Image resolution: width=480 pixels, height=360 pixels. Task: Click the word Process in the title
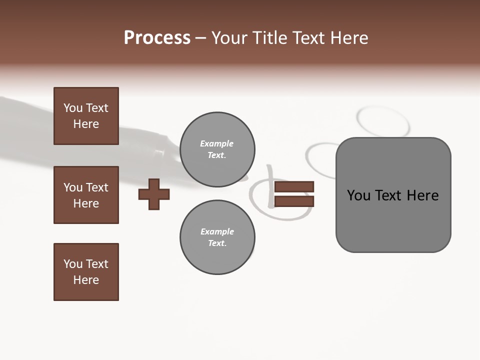click(157, 38)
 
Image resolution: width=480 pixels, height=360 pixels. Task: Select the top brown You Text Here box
click(86, 116)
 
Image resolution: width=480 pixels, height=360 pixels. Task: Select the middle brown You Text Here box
click(86, 195)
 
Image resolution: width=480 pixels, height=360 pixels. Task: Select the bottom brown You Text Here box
click(86, 272)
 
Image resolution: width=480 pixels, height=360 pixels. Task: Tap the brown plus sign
click(154, 194)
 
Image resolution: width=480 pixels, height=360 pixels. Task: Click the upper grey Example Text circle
click(217, 149)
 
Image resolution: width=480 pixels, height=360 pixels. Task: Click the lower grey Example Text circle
click(217, 237)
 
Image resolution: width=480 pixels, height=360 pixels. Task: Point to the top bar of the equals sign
click(294, 186)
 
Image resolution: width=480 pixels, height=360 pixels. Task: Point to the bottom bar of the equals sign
click(294, 201)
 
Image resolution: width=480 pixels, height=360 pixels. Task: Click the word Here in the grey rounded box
click(423, 195)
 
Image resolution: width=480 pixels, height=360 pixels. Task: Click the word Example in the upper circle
click(217, 144)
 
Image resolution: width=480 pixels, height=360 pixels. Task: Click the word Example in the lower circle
click(217, 232)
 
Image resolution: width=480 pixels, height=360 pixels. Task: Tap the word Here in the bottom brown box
click(86, 280)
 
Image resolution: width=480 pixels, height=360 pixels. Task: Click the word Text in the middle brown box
click(97, 187)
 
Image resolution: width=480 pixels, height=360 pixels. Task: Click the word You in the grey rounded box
click(358, 195)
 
